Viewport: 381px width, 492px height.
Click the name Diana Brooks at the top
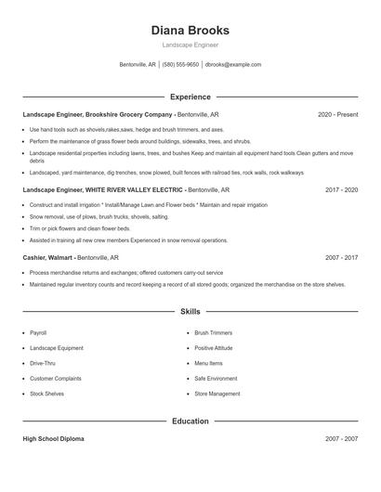coord(190,30)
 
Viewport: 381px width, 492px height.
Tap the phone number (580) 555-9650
coord(180,65)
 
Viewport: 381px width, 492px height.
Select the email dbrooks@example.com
coord(233,65)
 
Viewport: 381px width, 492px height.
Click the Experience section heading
coord(190,97)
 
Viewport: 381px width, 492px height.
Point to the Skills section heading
coord(190,312)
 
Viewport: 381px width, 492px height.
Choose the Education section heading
coord(190,421)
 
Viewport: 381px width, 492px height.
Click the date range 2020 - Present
coord(337,114)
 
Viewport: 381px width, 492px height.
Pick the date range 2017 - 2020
coord(341,189)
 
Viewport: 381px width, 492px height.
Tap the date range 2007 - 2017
coord(341,257)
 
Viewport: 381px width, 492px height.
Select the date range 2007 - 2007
coord(341,438)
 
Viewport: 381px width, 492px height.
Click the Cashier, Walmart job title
coord(48,257)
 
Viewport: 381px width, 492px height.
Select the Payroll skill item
coord(38,331)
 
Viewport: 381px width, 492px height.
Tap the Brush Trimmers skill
coord(213,331)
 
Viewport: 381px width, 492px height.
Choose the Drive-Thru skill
coord(43,363)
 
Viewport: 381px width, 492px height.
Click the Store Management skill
coord(217,394)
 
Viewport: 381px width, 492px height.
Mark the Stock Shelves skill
coord(46,394)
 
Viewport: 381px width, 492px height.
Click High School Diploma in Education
coord(53,438)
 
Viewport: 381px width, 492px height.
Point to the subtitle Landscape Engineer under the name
coord(190,45)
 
